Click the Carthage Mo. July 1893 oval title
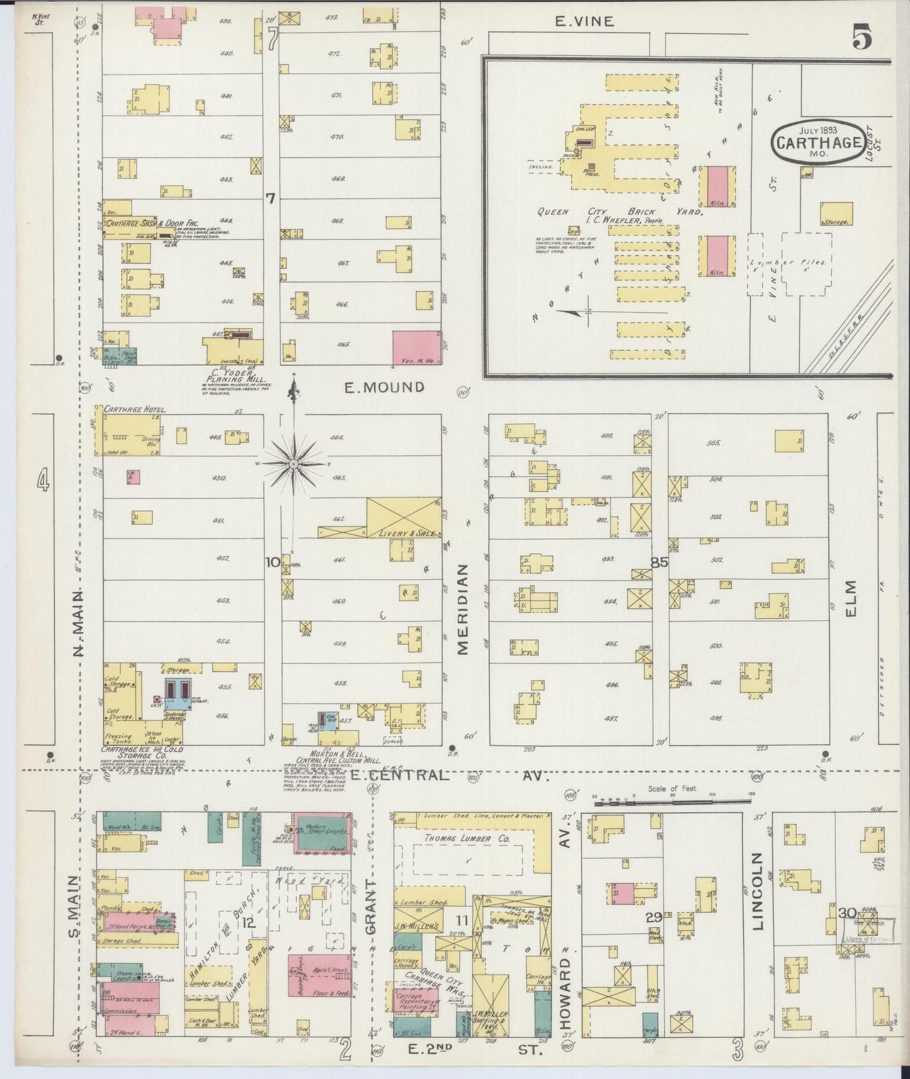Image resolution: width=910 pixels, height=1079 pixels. pyautogui.click(x=817, y=142)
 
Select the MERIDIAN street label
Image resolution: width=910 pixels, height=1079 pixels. pyautogui.click(x=463, y=609)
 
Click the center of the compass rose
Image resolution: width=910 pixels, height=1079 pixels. pyautogui.click(x=293, y=463)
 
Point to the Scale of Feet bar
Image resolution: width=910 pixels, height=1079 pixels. pyautogui.click(x=674, y=802)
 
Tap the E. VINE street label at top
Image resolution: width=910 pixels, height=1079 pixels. pyautogui.click(x=584, y=21)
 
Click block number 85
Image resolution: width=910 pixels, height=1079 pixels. pyautogui.click(x=659, y=563)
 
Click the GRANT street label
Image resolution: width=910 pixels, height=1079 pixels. pyautogui.click(x=370, y=912)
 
